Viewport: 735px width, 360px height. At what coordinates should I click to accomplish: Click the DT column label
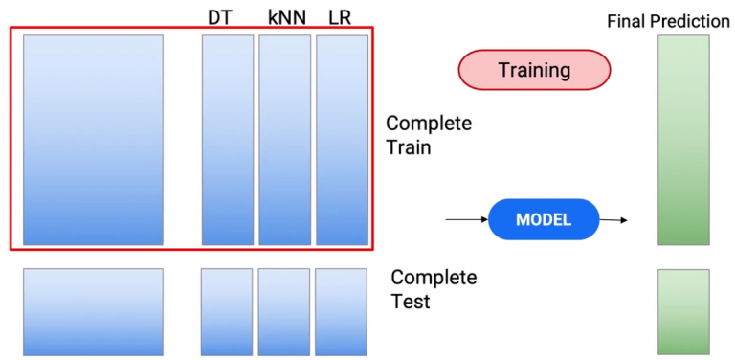point(219,17)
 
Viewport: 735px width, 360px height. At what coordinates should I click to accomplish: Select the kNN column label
point(284,17)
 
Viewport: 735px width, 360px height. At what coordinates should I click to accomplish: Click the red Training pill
point(534,70)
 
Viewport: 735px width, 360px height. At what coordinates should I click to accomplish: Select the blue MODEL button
point(543,219)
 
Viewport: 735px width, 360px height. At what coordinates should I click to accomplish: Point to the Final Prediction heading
point(668,20)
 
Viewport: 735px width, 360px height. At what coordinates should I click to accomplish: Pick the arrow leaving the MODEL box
point(613,220)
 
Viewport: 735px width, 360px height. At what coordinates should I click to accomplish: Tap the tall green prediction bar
point(683,140)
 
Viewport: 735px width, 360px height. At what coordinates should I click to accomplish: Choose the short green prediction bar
point(683,312)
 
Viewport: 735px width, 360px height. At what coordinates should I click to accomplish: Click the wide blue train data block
point(93,140)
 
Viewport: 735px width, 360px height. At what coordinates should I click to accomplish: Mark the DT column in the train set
point(228,140)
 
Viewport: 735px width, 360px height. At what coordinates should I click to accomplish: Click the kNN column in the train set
point(284,140)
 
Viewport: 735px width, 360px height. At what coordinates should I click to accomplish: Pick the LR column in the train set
point(342,140)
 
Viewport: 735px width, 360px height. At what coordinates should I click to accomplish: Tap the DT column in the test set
point(227,312)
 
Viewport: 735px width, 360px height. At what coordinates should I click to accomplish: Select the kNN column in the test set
point(283,312)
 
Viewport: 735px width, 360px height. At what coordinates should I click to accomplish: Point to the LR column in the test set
point(341,312)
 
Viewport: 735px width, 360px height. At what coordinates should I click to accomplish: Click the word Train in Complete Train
point(408,148)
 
